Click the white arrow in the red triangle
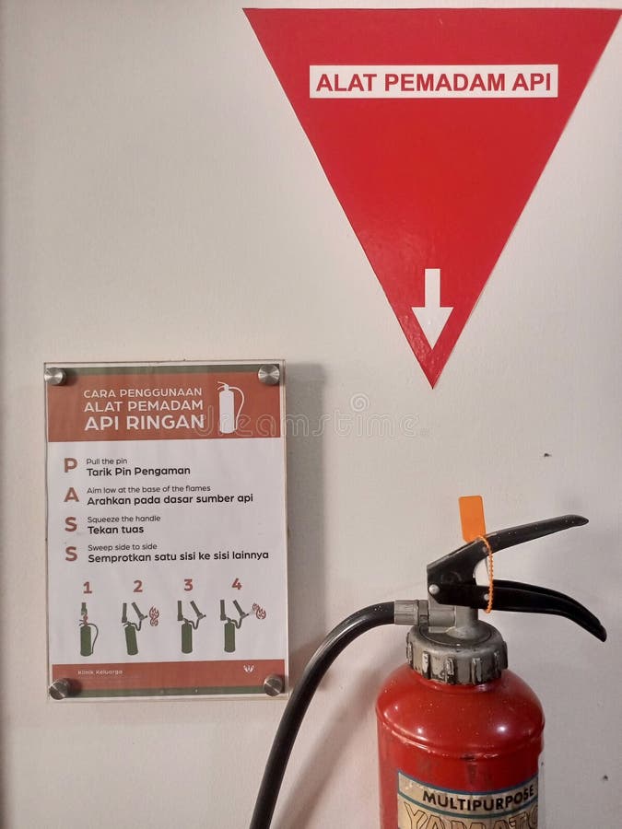point(432,308)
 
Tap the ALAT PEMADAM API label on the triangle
point(433,82)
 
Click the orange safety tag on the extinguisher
point(472,519)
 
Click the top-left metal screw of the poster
point(55,376)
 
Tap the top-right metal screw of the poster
point(268,374)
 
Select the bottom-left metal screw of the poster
point(60,688)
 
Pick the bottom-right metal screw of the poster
point(273,685)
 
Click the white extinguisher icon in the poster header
point(229,408)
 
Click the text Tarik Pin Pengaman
point(138,472)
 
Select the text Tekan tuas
point(115,530)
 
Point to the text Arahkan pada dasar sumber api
point(170,499)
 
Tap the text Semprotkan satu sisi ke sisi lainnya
point(178,555)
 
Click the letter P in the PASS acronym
point(70,466)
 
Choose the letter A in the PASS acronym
point(71,496)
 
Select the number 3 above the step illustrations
point(188,585)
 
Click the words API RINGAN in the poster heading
point(143,423)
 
